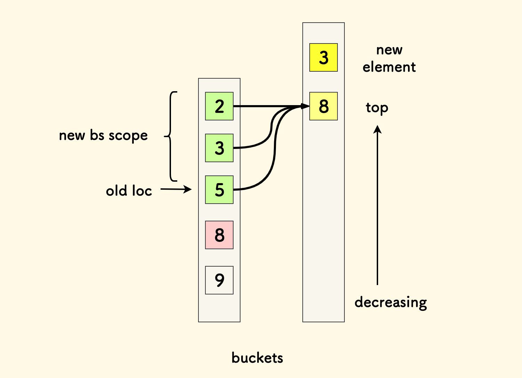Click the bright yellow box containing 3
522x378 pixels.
pos(324,57)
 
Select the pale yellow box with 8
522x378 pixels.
pos(324,106)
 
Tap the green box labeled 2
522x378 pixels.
pos(219,106)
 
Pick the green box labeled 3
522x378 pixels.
pos(219,148)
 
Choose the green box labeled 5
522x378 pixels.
pos(219,190)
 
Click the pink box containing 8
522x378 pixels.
pos(219,235)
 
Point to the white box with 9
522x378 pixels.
pos(219,280)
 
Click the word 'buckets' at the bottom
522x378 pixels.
pos(257,358)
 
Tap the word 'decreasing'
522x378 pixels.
pos(391,302)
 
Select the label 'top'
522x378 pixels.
pos(377,108)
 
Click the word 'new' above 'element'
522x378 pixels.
pos(389,50)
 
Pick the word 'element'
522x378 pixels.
pos(389,67)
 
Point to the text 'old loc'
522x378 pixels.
pos(129,191)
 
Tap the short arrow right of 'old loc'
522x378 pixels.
pos(176,189)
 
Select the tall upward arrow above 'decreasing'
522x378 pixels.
pos(377,205)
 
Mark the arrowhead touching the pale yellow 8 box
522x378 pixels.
pos(305,106)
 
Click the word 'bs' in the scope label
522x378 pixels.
pos(97,135)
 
